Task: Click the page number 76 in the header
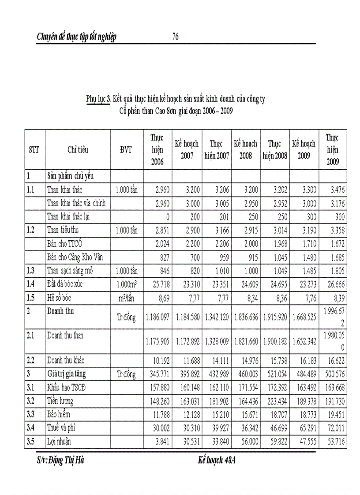175,37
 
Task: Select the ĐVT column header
126,149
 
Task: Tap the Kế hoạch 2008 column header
245,149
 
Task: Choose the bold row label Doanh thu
60,311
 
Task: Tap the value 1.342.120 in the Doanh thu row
217,317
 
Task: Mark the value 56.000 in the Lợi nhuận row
248,441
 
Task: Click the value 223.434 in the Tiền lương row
277,401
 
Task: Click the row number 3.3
30,414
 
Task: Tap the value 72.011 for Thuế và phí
335,428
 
